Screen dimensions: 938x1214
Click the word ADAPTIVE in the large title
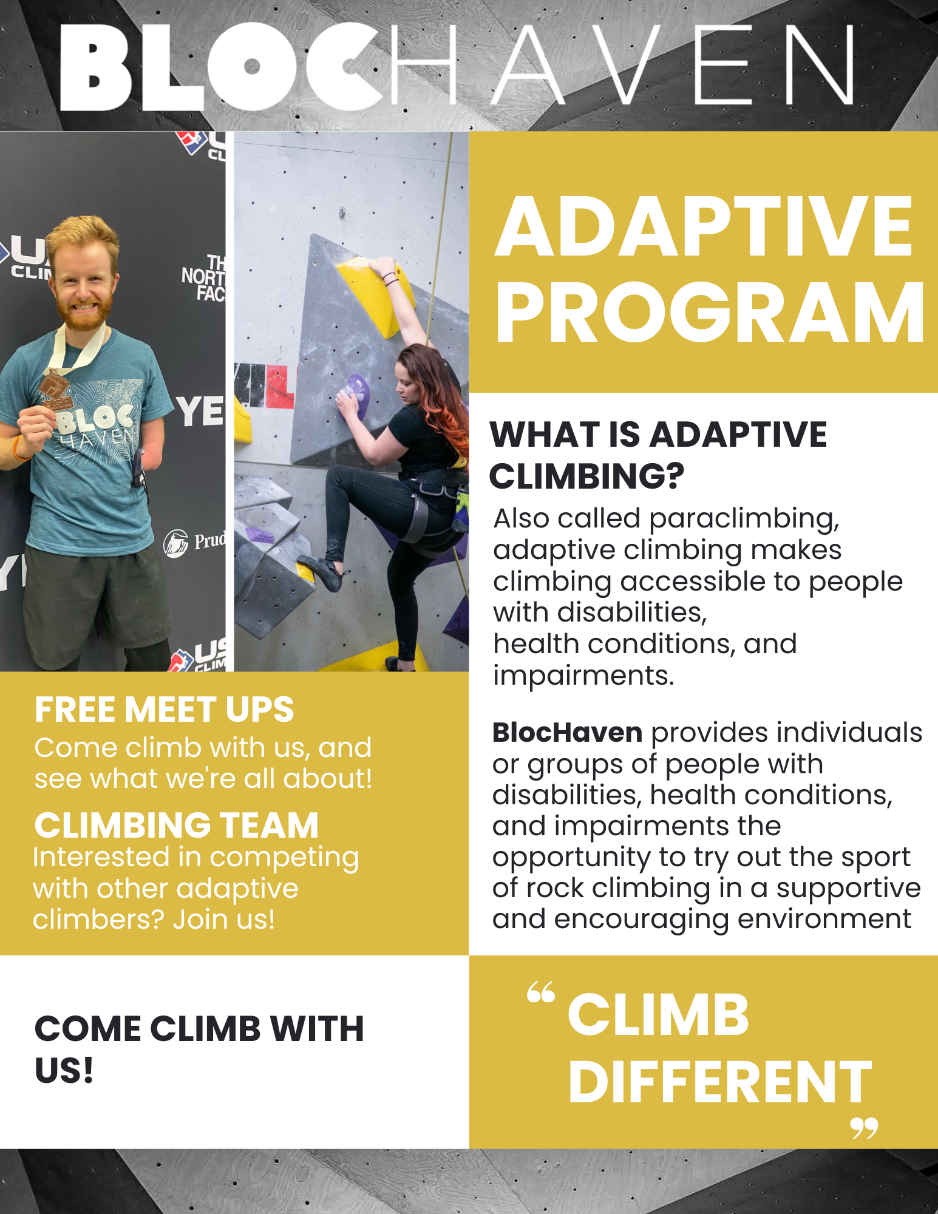coord(704,227)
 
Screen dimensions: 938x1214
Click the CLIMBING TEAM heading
coord(177,825)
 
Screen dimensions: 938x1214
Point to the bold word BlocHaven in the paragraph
coord(567,733)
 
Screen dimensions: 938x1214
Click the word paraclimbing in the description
coord(744,519)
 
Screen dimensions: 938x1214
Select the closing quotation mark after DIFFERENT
coord(864,1128)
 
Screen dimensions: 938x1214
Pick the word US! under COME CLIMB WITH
coord(64,1070)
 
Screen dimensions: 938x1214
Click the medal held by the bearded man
coord(56,391)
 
